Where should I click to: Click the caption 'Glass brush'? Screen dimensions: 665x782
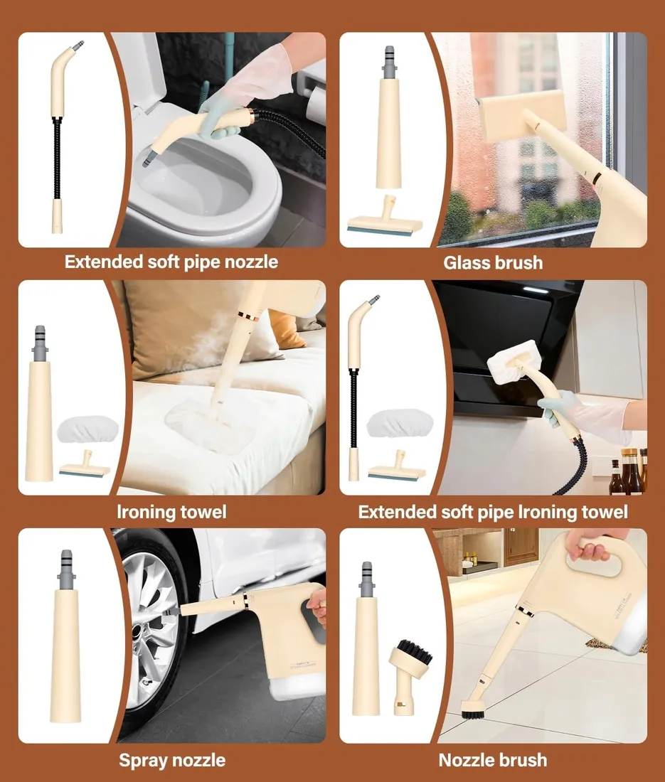tap(493, 262)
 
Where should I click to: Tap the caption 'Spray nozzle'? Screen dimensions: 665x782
tap(172, 760)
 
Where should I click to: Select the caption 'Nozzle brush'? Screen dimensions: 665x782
tap(493, 760)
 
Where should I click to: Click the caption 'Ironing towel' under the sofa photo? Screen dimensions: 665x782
tap(171, 512)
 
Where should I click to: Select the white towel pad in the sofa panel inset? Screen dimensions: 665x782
tap(87, 429)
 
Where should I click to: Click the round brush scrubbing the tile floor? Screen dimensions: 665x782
tap(474, 708)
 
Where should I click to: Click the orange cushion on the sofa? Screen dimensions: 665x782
tap(286, 329)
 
